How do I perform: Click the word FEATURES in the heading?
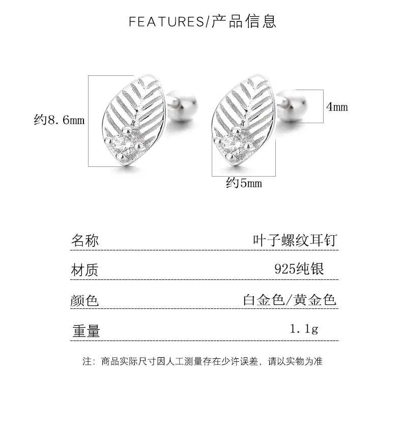(x=166, y=22)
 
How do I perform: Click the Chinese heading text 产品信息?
(x=244, y=21)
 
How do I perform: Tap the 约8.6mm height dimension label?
(x=59, y=120)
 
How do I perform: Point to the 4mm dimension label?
(x=337, y=107)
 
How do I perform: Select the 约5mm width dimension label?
(x=244, y=183)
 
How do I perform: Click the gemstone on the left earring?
(x=124, y=144)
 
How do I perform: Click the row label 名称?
(x=85, y=240)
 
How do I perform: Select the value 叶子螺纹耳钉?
(x=295, y=240)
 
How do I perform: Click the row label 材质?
(x=85, y=270)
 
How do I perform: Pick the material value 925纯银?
(x=299, y=269)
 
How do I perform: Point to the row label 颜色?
(x=84, y=300)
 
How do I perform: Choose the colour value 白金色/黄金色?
(x=290, y=300)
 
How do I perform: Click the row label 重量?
(x=87, y=331)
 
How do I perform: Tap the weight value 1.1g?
(x=304, y=329)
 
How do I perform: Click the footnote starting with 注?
(x=203, y=361)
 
